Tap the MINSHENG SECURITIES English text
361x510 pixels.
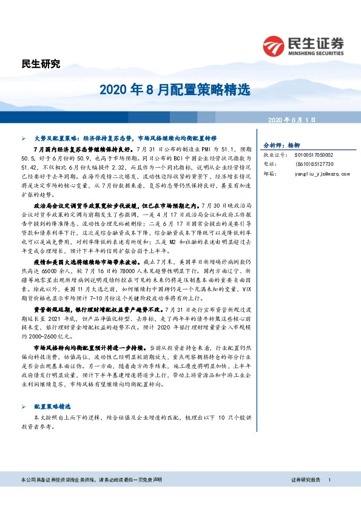coord(315,51)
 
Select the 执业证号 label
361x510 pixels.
coord(272,155)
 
